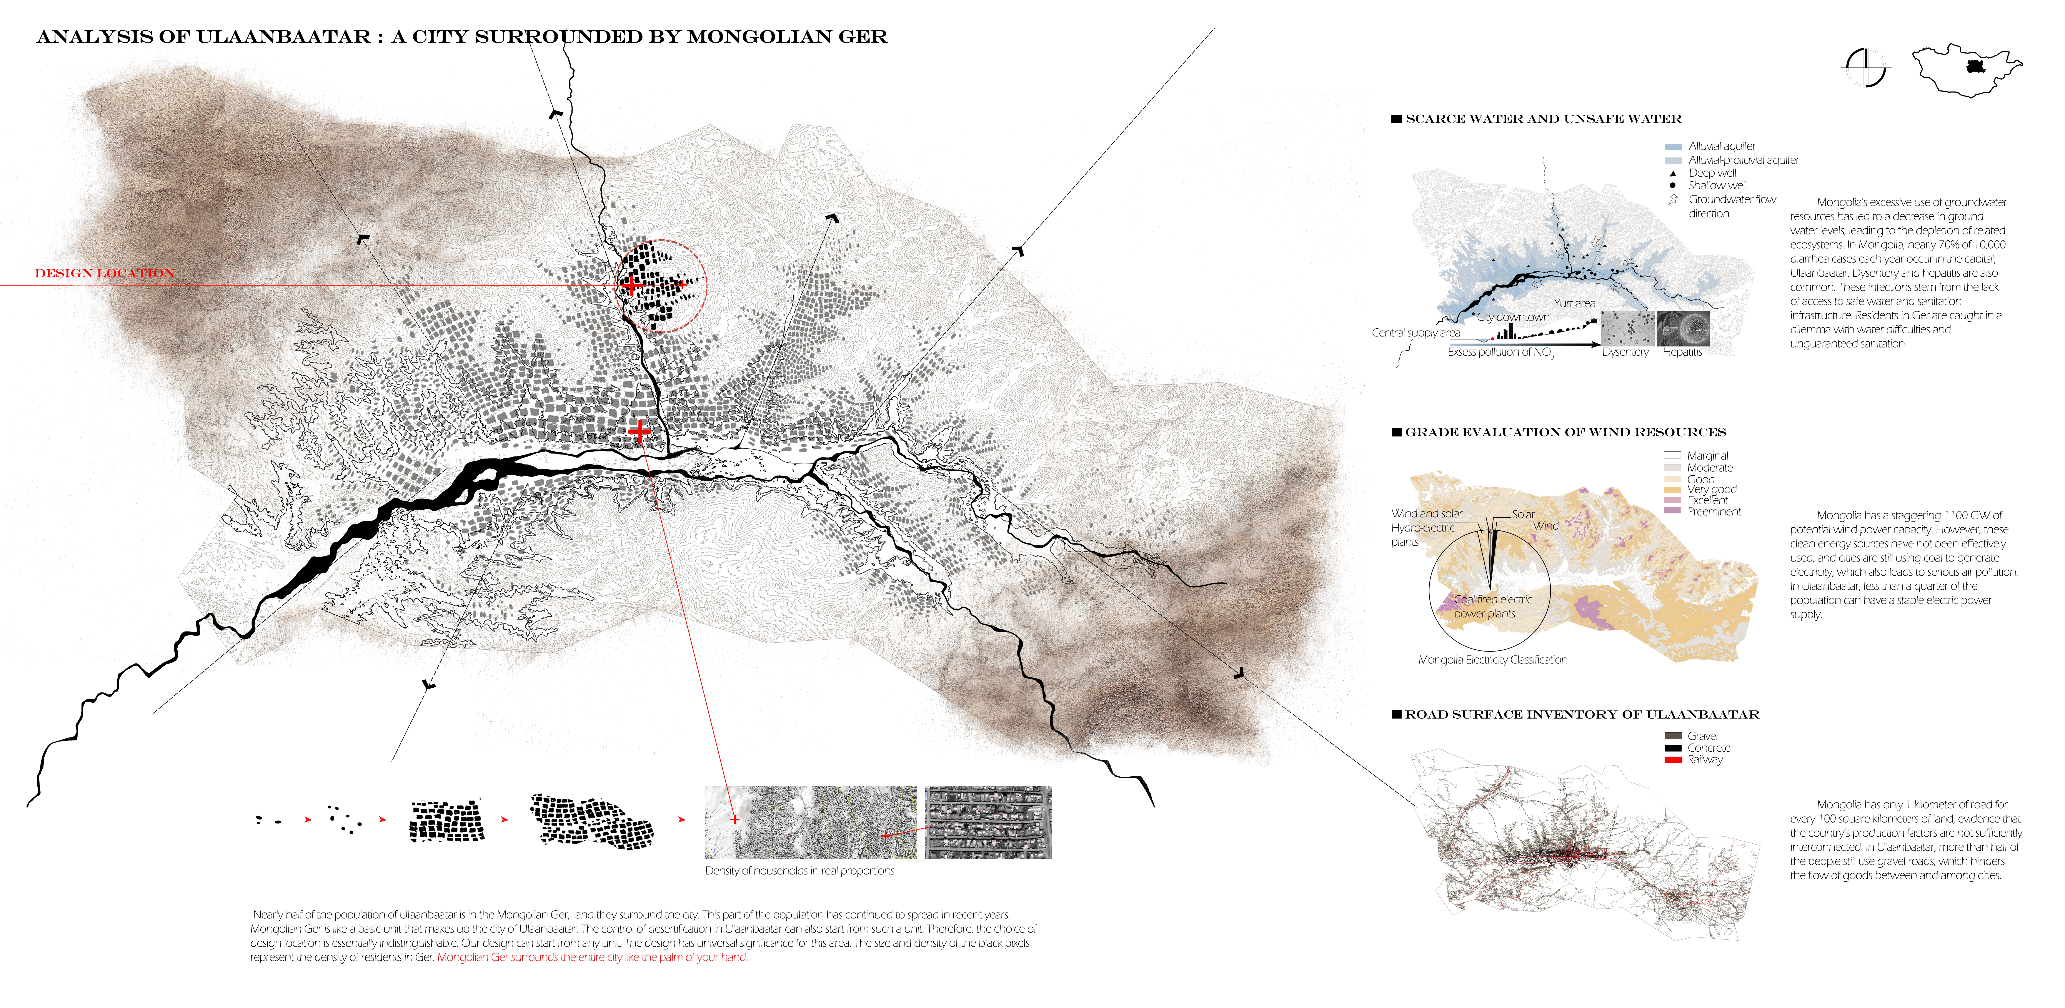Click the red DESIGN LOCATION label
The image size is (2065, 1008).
tap(104, 273)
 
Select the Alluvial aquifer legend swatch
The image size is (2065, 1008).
tap(1673, 147)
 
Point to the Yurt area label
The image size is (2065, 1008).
tap(1574, 303)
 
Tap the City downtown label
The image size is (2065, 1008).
tap(1513, 317)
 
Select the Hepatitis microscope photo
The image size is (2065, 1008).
tap(1683, 328)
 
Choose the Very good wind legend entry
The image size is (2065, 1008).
tap(1712, 489)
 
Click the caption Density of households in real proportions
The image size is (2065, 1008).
tap(799, 871)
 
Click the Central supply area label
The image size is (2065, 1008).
tap(1416, 333)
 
